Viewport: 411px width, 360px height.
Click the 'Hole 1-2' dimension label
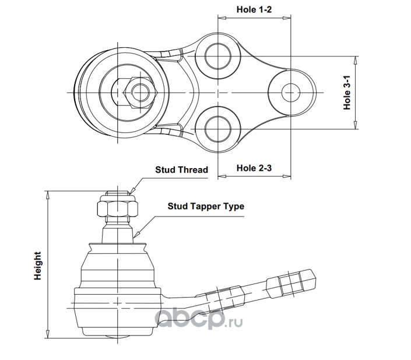(254, 10)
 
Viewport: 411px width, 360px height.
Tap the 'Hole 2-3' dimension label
(254, 168)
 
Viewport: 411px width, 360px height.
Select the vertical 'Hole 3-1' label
(347, 93)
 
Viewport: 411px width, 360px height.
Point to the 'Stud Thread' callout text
(182, 170)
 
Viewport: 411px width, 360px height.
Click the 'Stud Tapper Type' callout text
(206, 206)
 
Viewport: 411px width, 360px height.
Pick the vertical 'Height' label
(38, 265)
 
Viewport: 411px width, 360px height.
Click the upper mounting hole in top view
(218, 56)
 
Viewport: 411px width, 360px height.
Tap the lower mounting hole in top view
(218, 130)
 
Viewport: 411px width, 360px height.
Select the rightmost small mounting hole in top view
(291, 93)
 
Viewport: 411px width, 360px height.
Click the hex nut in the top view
(140, 93)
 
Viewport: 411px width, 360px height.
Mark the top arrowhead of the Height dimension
(48, 195)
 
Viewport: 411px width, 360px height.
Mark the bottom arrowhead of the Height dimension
(48, 334)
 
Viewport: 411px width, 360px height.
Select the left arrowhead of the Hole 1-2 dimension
(222, 18)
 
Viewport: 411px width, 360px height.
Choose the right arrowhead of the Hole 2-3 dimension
(287, 176)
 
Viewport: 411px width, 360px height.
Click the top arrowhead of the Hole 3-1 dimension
(355, 60)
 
